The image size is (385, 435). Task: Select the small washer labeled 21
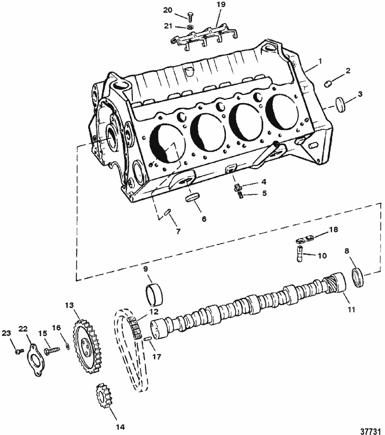coord(190,27)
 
